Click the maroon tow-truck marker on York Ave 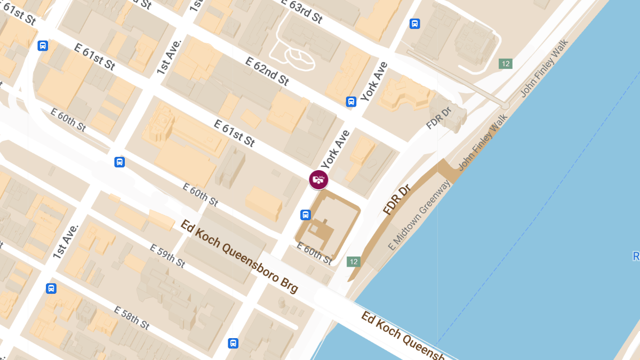tap(318, 179)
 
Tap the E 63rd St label tap(302, 11)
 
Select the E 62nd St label tap(267, 71)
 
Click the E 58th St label tap(131, 317)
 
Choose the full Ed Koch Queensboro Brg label tap(239, 256)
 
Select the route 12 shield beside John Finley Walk tap(505, 64)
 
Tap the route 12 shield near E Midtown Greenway tap(353, 261)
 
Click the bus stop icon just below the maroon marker tap(306, 215)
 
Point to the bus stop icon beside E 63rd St tap(414, 24)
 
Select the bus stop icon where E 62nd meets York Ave tap(351, 102)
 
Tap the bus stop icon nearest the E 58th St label tap(233, 343)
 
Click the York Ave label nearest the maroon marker tap(335, 150)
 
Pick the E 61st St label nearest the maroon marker tap(234, 133)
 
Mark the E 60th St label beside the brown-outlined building tap(314, 254)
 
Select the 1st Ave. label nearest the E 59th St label tap(66, 242)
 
